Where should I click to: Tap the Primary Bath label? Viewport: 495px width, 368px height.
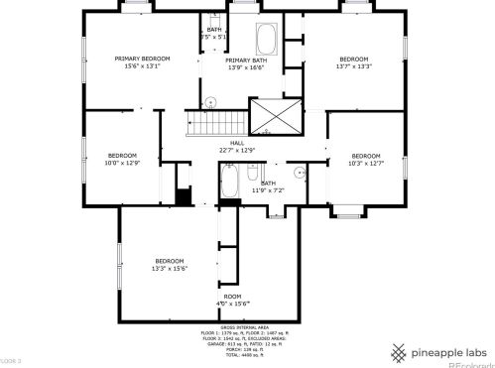pyautogui.click(x=246, y=63)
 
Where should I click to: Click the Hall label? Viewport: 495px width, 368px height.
pyautogui.click(x=237, y=146)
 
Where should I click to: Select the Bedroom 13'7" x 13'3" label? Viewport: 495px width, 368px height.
pyautogui.click(x=354, y=62)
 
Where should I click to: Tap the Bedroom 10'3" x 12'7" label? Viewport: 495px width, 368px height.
pyautogui.click(x=366, y=159)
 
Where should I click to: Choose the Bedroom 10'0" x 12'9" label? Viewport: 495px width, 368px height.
pyautogui.click(x=123, y=159)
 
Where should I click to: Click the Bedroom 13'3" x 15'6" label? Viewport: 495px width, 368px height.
pyautogui.click(x=170, y=264)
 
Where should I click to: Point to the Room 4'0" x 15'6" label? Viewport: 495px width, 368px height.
pyautogui.click(x=232, y=300)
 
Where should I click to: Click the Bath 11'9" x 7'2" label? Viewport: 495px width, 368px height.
pyautogui.click(x=268, y=185)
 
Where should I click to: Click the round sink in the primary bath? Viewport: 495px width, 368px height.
pyautogui.click(x=210, y=100)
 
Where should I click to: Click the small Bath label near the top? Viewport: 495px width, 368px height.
pyautogui.click(x=214, y=33)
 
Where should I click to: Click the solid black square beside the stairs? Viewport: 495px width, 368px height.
pyautogui.click(x=183, y=195)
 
